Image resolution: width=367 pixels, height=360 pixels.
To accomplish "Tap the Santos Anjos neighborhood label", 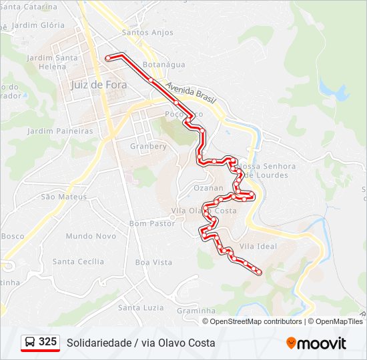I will pos(147,33).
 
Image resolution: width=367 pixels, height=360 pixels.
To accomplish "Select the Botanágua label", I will pos(163,65).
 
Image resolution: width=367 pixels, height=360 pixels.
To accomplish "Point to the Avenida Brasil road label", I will pos(192,93).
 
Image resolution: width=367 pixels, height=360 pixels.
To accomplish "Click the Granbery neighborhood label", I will pos(148,146).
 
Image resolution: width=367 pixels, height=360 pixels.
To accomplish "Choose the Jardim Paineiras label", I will pos(60,131).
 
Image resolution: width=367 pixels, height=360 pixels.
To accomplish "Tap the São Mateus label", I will pos(64,197).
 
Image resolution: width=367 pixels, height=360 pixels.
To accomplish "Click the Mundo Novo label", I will pos(91,236).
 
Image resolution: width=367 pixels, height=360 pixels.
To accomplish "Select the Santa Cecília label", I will pos(78,261).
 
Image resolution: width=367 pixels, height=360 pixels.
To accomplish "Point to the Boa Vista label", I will pos(153,262).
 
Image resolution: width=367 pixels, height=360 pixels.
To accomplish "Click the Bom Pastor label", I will pos(151,223).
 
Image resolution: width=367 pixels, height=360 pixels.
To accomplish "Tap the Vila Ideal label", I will pos(258,246).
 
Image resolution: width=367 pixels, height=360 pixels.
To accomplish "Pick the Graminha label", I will pos(196,310).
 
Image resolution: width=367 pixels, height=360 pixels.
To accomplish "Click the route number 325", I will pos(47,342).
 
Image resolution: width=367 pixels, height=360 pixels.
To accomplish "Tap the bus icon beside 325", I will pos(30,343).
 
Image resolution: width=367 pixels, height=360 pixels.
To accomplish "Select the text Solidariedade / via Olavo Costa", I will pos(141,343).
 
